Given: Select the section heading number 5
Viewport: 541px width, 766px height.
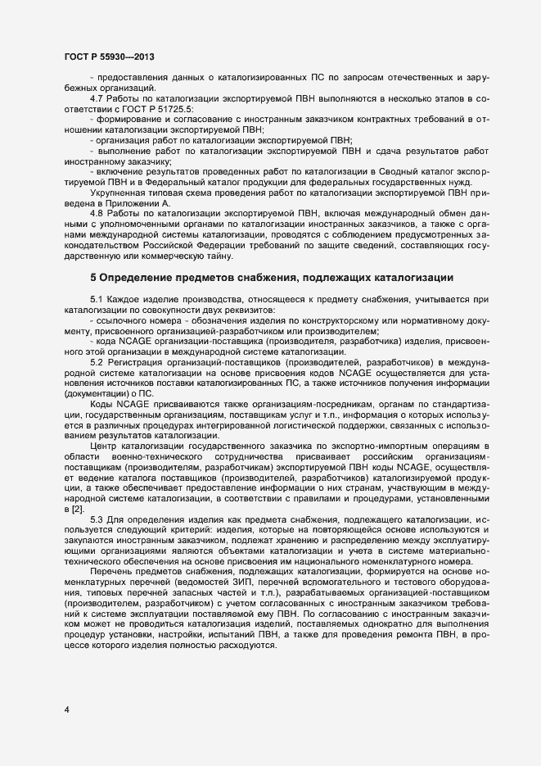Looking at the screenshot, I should tap(93, 277).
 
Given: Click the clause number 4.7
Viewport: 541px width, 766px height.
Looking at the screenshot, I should tap(97, 98).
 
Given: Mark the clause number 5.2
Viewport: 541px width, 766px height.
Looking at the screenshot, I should tap(97, 361).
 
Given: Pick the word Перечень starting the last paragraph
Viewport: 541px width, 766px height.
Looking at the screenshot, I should tap(110, 546).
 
